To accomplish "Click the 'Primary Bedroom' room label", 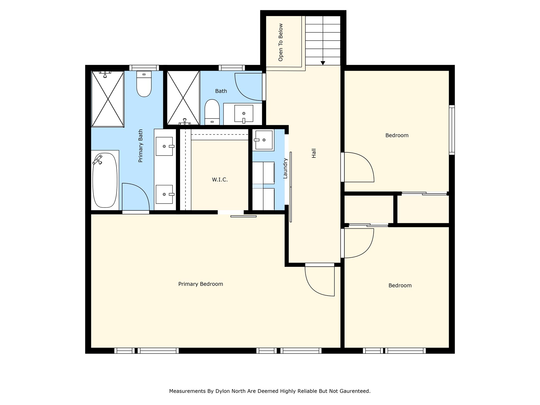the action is [x=201, y=284].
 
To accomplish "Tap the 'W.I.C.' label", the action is [x=220, y=180].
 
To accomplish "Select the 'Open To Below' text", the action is [x=281, y=42].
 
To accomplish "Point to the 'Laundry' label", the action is [x=285, y=168].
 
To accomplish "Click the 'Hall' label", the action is [x=314, y=153].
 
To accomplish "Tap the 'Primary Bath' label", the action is [x=141, y=146].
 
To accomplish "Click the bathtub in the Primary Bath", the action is [x=105, y=180].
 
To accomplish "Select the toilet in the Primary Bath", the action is [x=144, y=84].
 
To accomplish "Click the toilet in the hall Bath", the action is [x=212, y=112].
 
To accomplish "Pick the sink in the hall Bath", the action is [x=244, y=114].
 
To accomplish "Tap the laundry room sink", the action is [x=263, y=140].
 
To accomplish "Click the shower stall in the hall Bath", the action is [x=183, y=98].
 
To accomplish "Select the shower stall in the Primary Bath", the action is [x=108, y=99].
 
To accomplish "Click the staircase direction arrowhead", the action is [x=323, y=63].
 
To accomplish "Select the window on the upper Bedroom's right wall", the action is [x=452, y=130].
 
